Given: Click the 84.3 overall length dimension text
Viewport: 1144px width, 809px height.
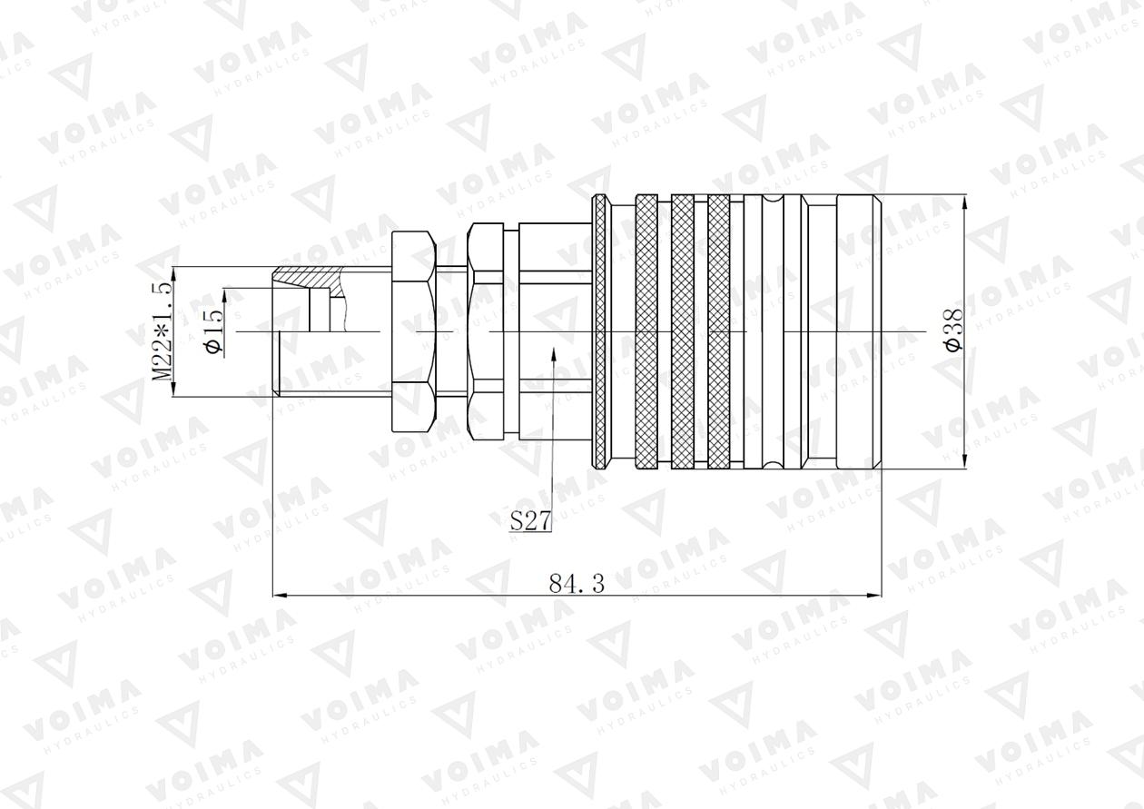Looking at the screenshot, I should coord(577,585).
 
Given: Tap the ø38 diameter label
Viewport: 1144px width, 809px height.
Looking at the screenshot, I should coord(952,332).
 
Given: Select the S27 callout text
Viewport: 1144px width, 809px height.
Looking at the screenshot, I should coord(530,521).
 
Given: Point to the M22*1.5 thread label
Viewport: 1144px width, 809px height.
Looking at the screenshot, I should coord(161,332).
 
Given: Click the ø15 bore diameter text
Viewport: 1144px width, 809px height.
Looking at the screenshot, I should coord(214,332).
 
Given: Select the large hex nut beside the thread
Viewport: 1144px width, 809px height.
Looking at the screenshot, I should coord(414,332).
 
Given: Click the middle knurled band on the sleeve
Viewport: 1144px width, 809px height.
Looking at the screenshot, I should coord(682,332).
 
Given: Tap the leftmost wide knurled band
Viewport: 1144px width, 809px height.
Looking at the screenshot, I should coord(646,332).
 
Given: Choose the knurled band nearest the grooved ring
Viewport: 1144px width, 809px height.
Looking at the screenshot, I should coord(718,332).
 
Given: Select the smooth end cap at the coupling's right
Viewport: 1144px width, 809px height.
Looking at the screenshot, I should coord(858,332).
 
